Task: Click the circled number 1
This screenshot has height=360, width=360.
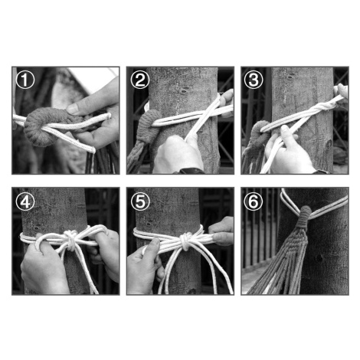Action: click(25, 80)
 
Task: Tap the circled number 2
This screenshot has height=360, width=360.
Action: click(139, 80)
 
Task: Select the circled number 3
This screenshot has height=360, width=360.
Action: click(254, 80)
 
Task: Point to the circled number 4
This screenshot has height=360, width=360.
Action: click(25, 201)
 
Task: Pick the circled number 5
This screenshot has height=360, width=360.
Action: click(140, 201)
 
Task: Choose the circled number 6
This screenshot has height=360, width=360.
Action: click(254, 201)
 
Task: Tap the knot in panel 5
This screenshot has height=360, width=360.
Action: click(185, 241)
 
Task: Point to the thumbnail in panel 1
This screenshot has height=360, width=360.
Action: click(73, 109)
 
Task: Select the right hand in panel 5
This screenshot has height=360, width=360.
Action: click(221, 231)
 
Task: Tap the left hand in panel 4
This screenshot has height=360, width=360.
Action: click(44, 266)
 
